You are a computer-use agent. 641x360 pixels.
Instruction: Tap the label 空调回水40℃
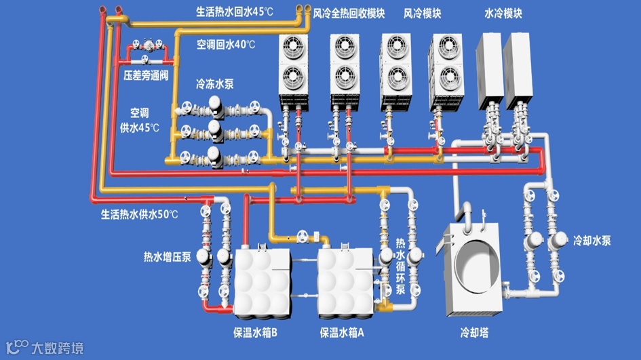pos(226,45)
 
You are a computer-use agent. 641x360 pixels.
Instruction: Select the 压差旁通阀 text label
pos(146,75)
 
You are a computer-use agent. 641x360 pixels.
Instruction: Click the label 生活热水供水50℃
pos(139,214)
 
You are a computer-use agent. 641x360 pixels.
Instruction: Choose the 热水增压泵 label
pos(167,257)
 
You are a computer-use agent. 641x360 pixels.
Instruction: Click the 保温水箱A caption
pos(342,333)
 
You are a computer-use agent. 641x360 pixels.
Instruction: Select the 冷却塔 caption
pos(474,333)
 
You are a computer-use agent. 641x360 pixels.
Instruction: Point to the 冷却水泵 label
pos(592,240)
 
